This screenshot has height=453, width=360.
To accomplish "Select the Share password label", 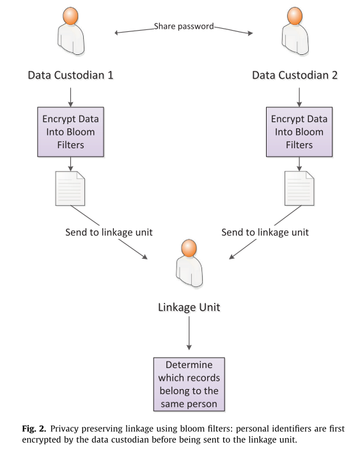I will (x=184, y=27).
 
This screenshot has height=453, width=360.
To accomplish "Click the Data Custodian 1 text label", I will (x=71, y=75).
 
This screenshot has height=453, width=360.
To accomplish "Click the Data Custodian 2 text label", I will (x=295, y=75).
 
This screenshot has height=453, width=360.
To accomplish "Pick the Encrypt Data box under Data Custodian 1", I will (x=71, y=132).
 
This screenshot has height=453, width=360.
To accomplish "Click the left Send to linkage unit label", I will (x=109, y=232).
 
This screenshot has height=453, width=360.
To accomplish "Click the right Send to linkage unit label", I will (x=265, y=232).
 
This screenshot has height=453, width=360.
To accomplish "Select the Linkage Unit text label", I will (x=189, y=307).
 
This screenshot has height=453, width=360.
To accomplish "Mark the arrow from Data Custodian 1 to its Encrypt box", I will (x=71, y=95).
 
